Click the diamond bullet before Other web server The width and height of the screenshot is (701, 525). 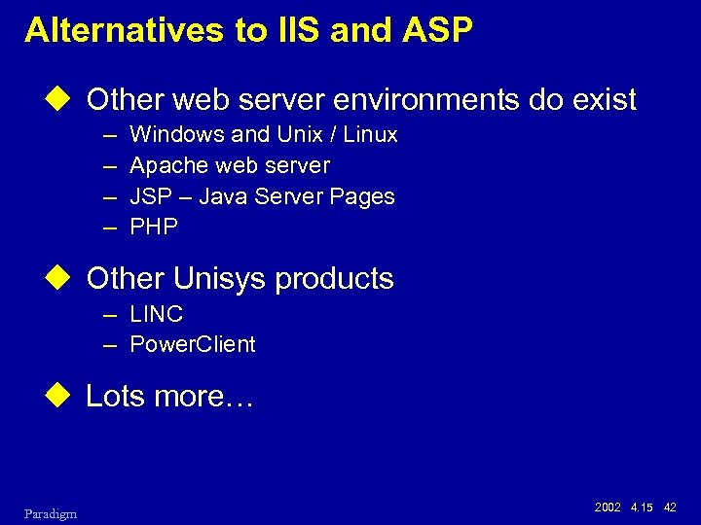tap(67, 99)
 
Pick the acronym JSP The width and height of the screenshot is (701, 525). tap(149, 197)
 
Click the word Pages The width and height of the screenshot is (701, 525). tap(362, 197)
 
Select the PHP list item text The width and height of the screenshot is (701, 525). tap(154, 227)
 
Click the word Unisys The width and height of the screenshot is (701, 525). tap(221, 279)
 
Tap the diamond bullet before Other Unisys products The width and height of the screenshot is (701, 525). tap(67, 278)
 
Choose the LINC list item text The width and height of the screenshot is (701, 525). tap(157, 314)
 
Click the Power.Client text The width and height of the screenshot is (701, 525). tap(193, 344)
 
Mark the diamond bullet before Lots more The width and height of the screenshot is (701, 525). tap(67, 397)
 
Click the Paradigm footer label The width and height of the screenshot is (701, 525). tap(52, 513)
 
